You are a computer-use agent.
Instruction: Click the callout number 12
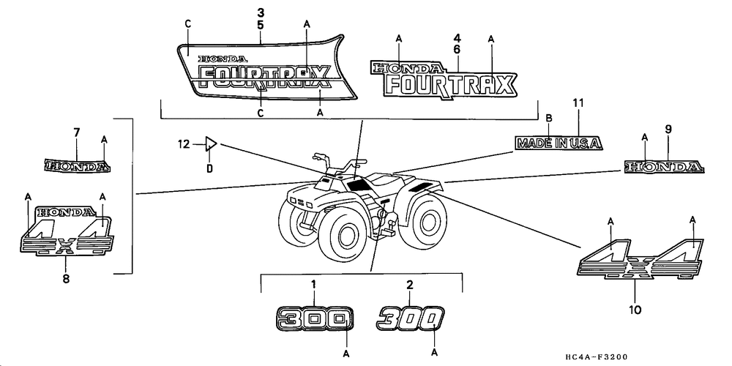184,143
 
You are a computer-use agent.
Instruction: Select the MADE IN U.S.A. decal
559,143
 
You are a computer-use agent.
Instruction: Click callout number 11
578,103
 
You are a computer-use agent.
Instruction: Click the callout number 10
635,310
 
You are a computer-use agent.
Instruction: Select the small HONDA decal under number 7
77,166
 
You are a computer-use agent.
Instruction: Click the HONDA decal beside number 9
665,168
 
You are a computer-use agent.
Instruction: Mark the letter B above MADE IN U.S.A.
549,117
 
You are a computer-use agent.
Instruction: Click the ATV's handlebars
337,157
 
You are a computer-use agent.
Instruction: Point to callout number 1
313,285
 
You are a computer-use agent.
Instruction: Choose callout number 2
410,285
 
